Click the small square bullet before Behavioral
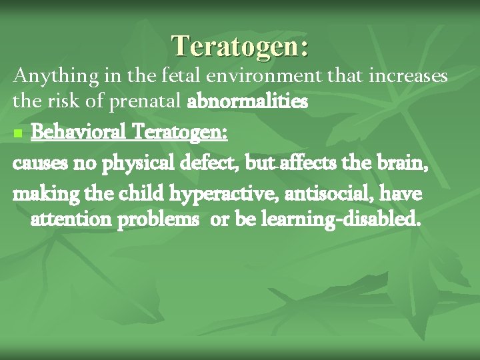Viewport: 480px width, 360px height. [x=17, y=134]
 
